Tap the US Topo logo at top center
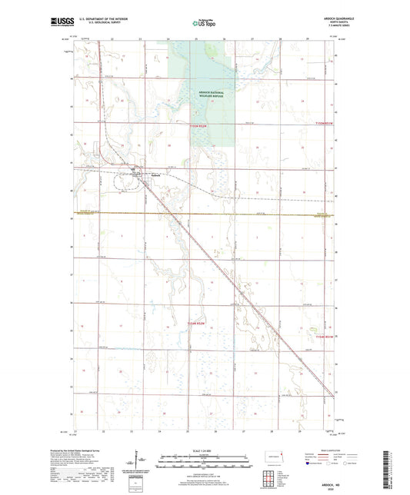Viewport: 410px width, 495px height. point(204,24)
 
